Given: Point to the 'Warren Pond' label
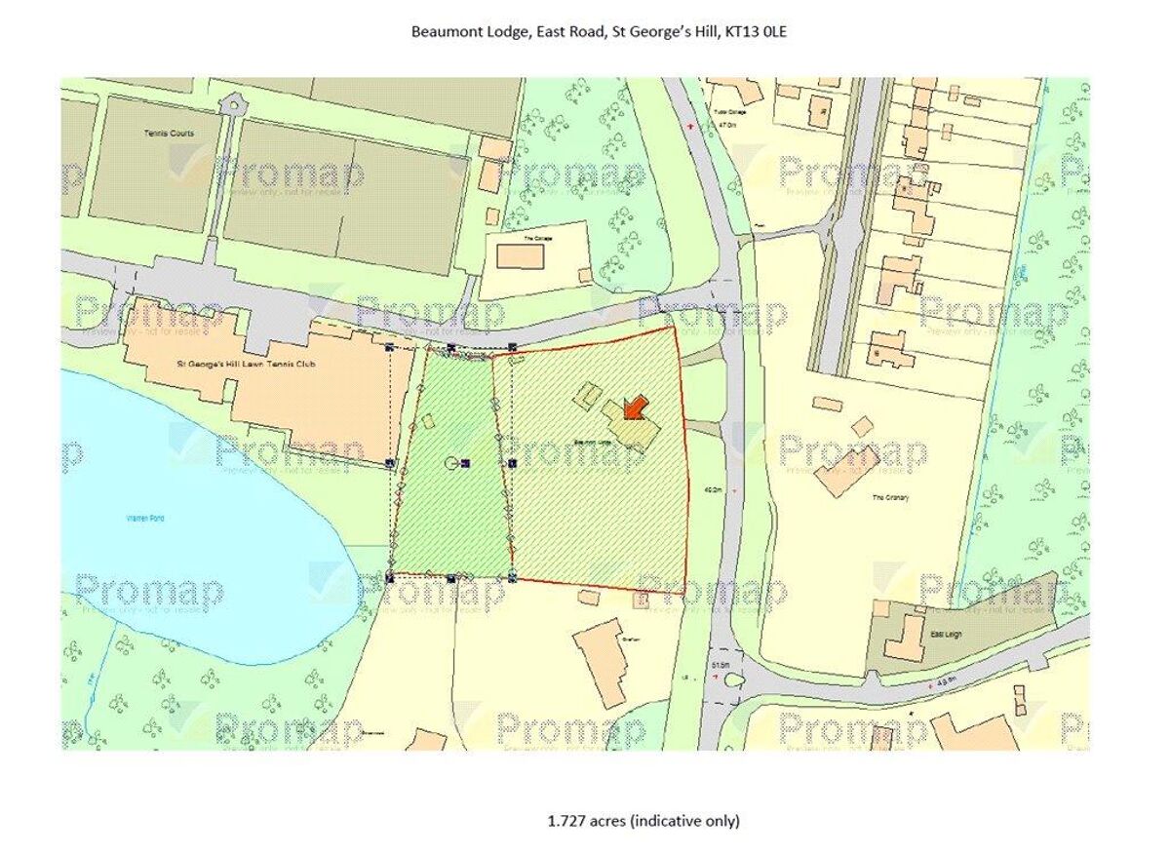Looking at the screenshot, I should click(x=144, y=519).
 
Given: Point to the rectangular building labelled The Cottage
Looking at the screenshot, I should click(x=521, y=256).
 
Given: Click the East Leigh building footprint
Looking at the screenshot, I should click(x=904, y=638).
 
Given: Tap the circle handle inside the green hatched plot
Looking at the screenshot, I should click(x=450, y=463).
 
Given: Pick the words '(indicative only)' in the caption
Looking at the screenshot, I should click(x=684, y=821).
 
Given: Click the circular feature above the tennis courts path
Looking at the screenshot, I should click(x=230, y=102).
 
